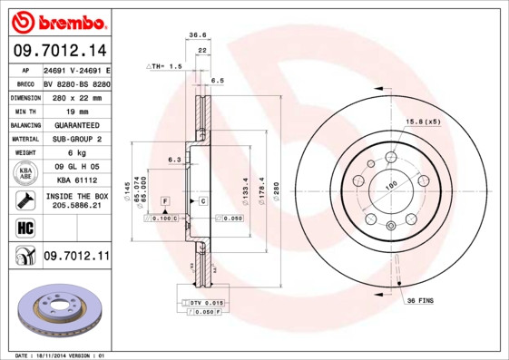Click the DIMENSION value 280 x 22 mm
[x=75, y=96]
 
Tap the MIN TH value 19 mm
[x=75, y=111]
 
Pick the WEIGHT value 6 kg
[x=75, y=153]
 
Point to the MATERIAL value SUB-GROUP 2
[x=75, y=139]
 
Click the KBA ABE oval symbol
[x=26, y=173]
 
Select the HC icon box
[x=25, y=227]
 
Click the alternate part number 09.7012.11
[x=75, y=257]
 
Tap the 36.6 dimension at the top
[x=197, y=35]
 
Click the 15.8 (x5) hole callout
[x=423, y=121]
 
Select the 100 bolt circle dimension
[x=393, y=186]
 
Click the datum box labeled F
[x=165, y=199]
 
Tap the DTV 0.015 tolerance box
[x=203, y=302]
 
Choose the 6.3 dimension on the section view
[x=173, y=161]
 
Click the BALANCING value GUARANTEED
[x=75, y=124]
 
